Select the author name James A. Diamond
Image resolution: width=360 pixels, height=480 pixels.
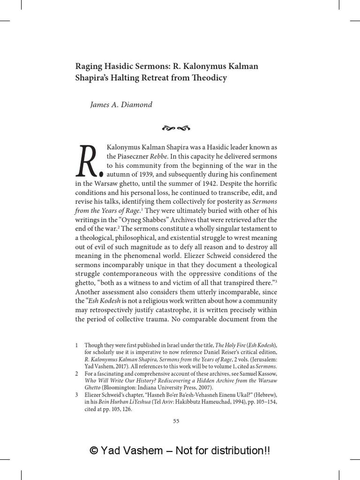(121, 105)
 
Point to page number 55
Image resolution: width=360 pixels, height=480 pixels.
(176, 421)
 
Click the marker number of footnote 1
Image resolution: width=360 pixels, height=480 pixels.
(76, 345)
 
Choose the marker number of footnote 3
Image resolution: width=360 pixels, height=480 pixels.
(76, 395)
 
